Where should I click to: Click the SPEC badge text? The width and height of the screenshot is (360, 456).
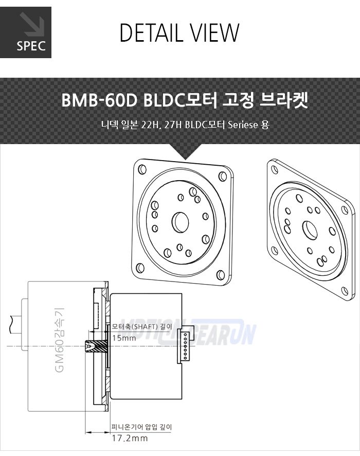pyautogui.click(x=31, y=46)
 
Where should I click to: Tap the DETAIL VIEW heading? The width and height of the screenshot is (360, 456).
pyautogui.click(x=179, y=32)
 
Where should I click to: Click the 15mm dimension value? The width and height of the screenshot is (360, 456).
pyautogui.click(x=124, y=338)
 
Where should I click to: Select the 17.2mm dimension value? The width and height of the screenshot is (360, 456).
pyautogui.click(x=130, y=438)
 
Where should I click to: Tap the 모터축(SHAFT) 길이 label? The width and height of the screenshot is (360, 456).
pyautogui.click(x=142, y=326)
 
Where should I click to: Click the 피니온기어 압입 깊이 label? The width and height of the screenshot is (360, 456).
pyautogui.click(x=141, y=427)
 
